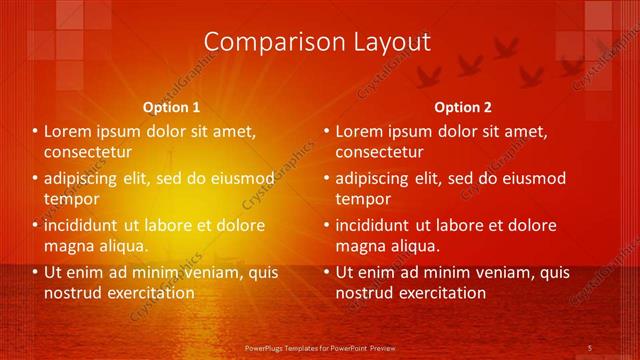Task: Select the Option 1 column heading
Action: click(x=171, y=106)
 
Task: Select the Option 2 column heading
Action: click(x=463, y=106)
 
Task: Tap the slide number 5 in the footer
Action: click(x=590, y=347)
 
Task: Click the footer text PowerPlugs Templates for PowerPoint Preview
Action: click(x=320, y=347)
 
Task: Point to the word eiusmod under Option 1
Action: click(x=240, y=178)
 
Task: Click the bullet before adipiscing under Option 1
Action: click(x=35, y=179)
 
